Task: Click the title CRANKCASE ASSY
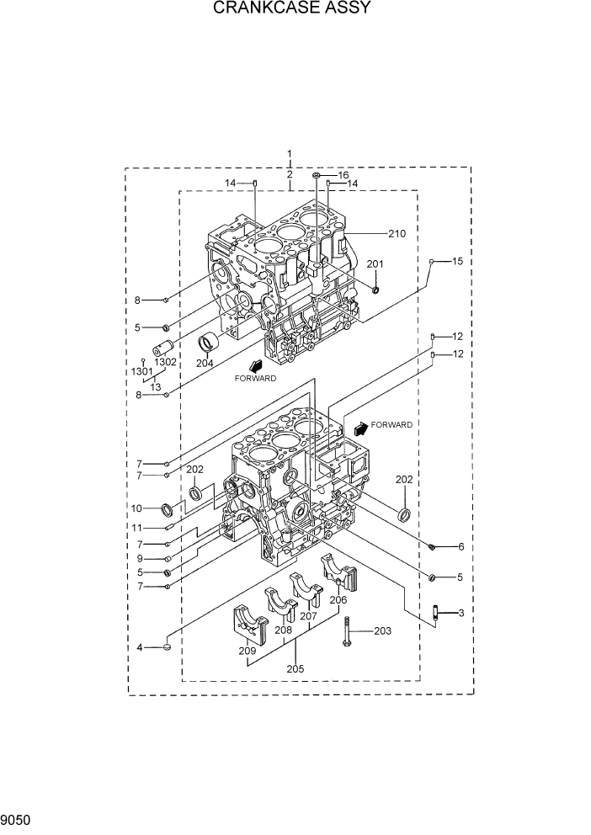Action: tap(292, 9)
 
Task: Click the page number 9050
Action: tap(16, 818)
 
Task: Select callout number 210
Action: tap(397, 233)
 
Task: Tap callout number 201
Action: tap(375, 264)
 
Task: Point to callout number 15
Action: tap(457, 262)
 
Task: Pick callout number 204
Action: tap(205, 364)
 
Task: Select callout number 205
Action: tap(294, 669)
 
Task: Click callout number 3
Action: tap(461, 614)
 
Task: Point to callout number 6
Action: tap(461, 547)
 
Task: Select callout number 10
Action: tap(137, 508)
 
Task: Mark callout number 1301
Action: tap(141, 371)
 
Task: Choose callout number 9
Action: tap(140, 558)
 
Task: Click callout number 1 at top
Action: tap(290, 155)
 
